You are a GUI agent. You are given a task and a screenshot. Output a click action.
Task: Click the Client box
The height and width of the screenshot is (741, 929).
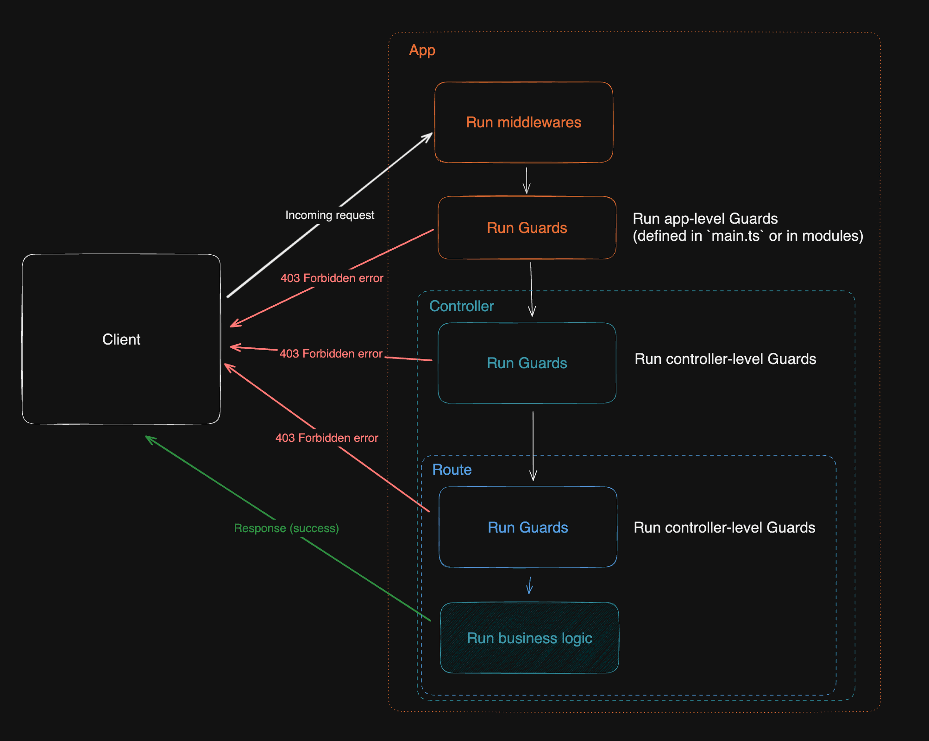pos(121,339)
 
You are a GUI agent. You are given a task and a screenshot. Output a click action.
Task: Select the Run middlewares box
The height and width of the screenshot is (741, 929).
pos(523,122)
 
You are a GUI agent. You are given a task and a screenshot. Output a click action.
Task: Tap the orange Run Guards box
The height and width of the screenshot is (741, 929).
pos(527,228)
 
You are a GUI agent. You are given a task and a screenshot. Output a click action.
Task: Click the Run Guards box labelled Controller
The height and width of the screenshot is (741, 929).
pos(527,363)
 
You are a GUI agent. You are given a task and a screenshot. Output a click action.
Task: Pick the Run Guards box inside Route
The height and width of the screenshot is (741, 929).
pos(527,527)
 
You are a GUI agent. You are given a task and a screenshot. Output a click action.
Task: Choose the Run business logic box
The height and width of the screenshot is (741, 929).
pos(529,638)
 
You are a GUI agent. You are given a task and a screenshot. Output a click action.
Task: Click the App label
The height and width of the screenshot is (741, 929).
pos(422,50)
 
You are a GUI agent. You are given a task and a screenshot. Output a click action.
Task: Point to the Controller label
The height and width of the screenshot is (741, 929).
pos(461,306)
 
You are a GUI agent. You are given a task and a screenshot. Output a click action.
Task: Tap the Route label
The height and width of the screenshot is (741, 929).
pos(452,470)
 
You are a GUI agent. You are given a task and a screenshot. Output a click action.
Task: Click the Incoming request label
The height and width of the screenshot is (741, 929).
pos(330,215)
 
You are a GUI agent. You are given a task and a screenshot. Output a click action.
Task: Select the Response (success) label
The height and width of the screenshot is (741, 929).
pos(286,528)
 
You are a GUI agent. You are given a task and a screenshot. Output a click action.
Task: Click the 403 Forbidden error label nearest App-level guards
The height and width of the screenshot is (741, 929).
pos(332,278)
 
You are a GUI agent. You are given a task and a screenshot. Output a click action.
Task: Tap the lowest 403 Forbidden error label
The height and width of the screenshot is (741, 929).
pos(326,438)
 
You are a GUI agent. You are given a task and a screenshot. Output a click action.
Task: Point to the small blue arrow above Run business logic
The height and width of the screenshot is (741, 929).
pos(529,585)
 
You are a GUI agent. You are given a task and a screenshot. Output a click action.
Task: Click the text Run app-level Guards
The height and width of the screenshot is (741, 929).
pos(705,219)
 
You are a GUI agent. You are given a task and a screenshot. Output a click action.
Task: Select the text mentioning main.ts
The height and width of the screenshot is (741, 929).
pos(747,236)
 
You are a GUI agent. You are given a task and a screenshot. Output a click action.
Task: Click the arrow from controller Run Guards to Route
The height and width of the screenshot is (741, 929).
pos(533,445)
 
